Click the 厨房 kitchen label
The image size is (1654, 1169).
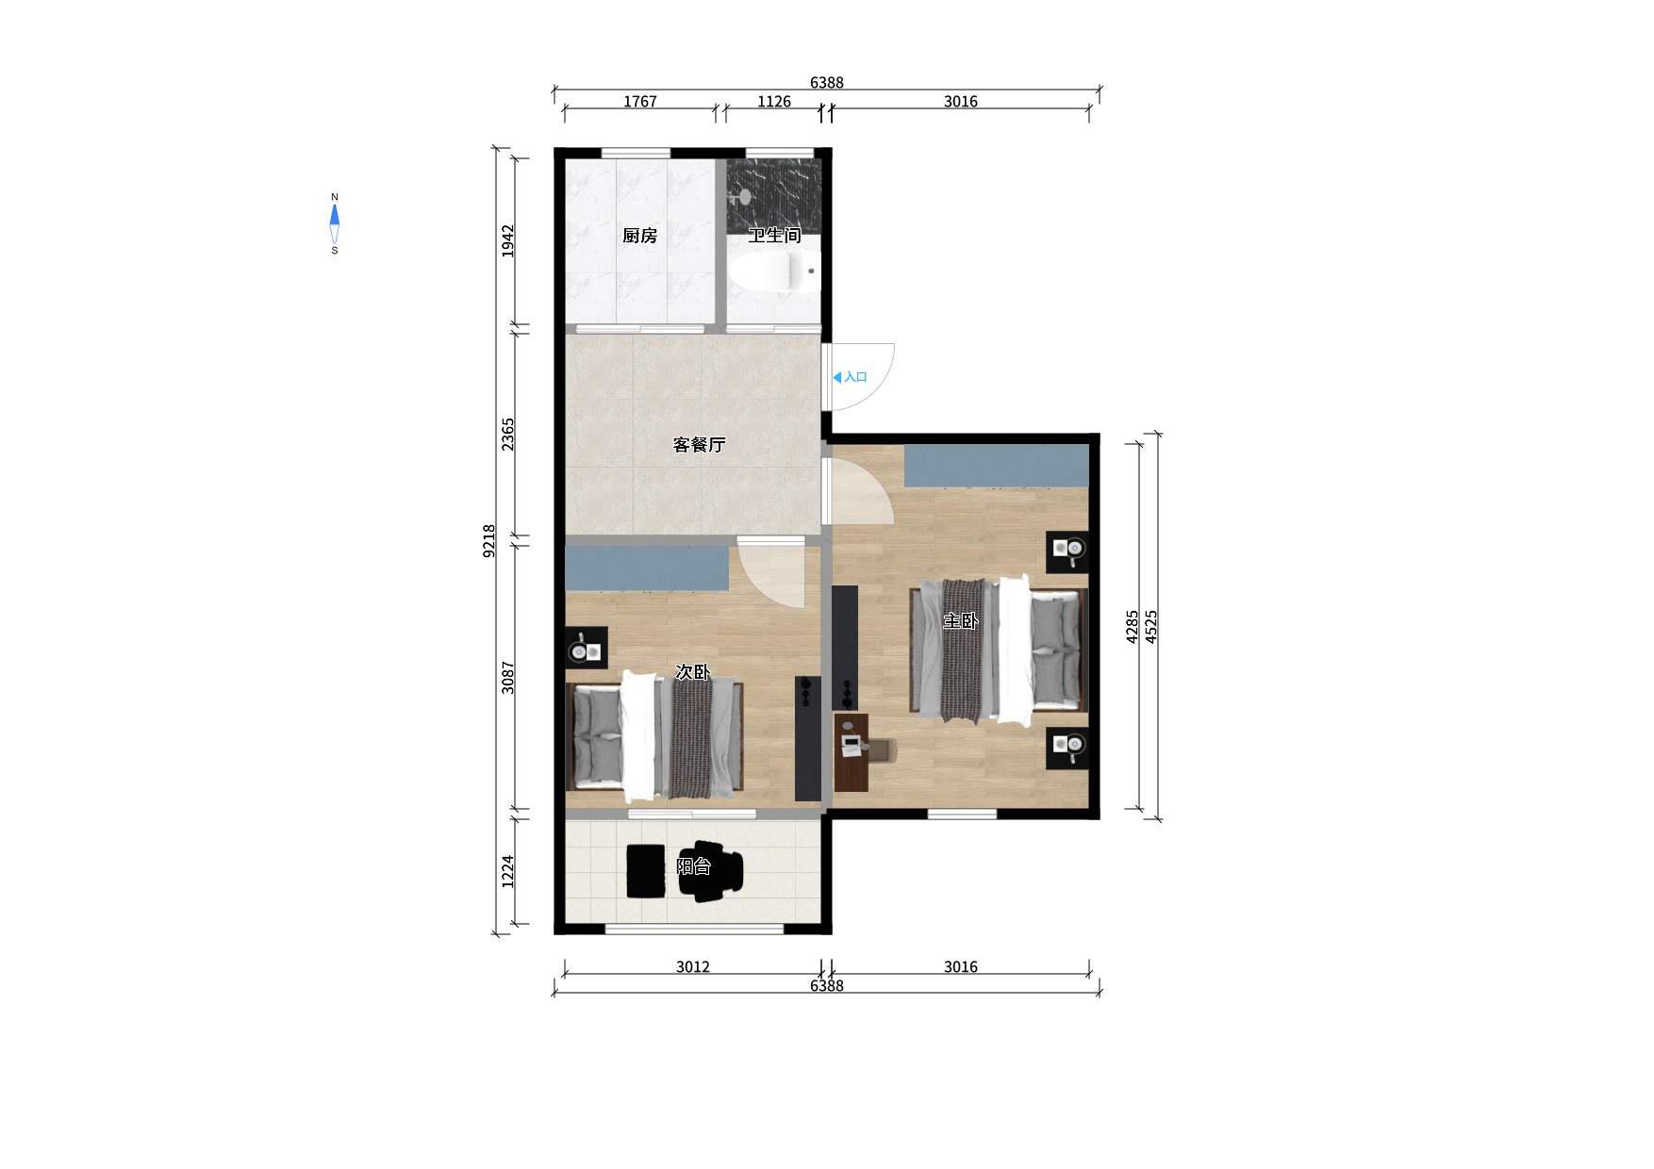(x=639, y=236)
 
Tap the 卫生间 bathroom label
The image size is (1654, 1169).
(x=774, y=236)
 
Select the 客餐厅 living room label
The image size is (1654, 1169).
(x=699, y=445)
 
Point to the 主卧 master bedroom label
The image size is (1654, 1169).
(x=961, y=621)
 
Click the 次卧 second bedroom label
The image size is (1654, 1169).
(x=692, y=672)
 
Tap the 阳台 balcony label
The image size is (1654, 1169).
(x=693, y=866)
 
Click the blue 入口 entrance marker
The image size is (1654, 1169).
(x=850, y=377)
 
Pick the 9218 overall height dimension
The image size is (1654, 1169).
(x=489, y=541)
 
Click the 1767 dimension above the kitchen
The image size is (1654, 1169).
(x=639, y=102)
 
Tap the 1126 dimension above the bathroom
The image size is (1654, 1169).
(x=774, y=102)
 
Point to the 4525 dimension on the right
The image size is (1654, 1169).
(x=1150, y=627)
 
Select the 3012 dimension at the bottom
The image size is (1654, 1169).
(x=693, y=967)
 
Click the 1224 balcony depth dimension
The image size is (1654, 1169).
(x=508, y=871)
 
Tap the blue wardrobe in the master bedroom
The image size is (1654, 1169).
(x=997, y=466)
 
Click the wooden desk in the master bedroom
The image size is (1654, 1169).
(x=852, y=752)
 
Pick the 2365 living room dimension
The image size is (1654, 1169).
(x=508, y=434)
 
